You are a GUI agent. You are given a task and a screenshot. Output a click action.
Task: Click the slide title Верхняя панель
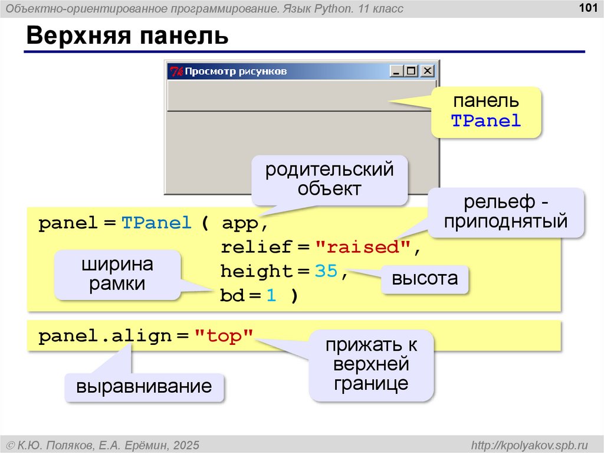point(127,37)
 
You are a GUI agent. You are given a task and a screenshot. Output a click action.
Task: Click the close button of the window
point(427,71)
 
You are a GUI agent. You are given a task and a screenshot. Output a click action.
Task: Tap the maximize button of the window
point(411,71)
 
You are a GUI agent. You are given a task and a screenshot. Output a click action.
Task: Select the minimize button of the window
point(396,71)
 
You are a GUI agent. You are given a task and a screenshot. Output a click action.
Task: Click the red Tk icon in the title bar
point(176,71)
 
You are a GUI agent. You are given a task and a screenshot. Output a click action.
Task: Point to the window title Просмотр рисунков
point(236,71)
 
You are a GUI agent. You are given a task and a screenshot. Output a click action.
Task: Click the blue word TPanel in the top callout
point(486,121)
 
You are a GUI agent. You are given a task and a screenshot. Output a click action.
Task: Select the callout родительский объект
point(329,180)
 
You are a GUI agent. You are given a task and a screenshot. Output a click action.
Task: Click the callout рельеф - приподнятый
point(506,212)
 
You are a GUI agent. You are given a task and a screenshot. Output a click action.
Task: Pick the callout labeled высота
point(425,279)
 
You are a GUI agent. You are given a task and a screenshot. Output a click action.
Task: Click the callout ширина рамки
point(117,274)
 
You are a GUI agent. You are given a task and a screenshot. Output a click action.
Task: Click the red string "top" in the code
point(224,337)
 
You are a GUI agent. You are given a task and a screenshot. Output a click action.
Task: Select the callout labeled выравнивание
point(144,387)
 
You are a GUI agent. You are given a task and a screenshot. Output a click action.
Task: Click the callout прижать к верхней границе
point(372,364)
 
